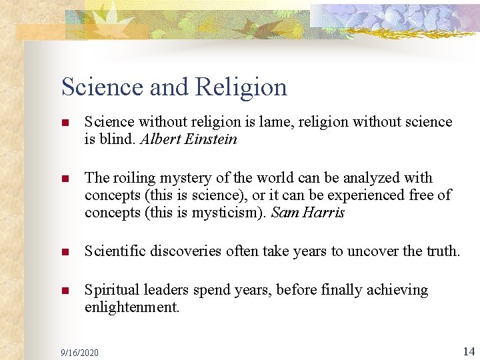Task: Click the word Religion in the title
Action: tap(241, 87)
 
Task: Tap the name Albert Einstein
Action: tap(189, 140)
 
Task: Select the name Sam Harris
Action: tap(309, 213)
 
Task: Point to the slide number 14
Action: tap(468, 351)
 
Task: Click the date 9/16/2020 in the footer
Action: tap(79, 352)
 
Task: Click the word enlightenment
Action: tap(132, 308)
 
